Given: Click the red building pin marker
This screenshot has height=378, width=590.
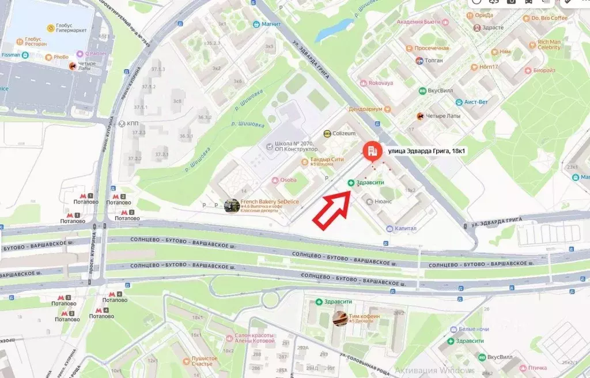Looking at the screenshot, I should click(x=372, y=151).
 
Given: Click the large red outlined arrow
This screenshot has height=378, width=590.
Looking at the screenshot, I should click(x=332, y=207).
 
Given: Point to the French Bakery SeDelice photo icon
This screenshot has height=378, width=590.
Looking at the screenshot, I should click(x=232, y=206).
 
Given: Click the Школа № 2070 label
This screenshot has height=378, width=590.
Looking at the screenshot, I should click(x=291, y=145).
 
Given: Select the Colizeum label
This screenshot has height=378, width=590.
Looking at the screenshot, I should click(x=345, y=133).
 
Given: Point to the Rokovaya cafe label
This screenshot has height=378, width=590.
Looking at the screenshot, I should click(x=380, y=82).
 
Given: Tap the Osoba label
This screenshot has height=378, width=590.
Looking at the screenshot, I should click(x=288, y=180).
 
